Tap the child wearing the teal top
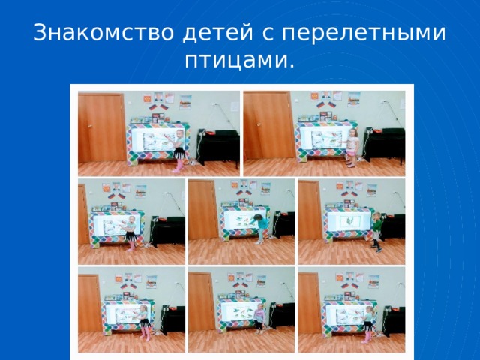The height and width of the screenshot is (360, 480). pyautogui.click(x=261, y=226)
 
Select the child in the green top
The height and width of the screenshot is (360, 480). pyautogui.click(x=376, y=229)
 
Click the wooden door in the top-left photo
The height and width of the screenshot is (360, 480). pyautogui.click(x=101, y=127)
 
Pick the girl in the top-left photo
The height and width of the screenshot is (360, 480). pyautogui.click(x=178, y=149)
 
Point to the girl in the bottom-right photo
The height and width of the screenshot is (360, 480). pyautogui.click(x=367, y=321)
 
